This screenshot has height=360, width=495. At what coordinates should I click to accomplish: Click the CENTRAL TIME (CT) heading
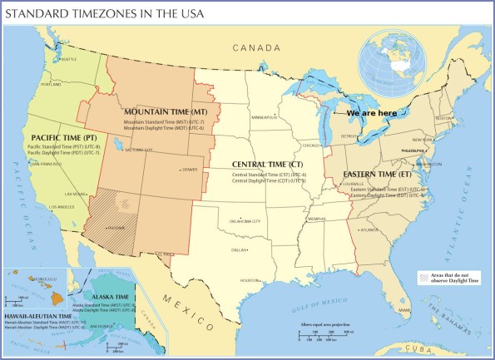click(267, 165)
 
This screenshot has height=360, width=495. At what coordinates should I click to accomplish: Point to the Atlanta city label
click(364, 229)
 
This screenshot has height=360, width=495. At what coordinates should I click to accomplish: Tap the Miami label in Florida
click(405, 310)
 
